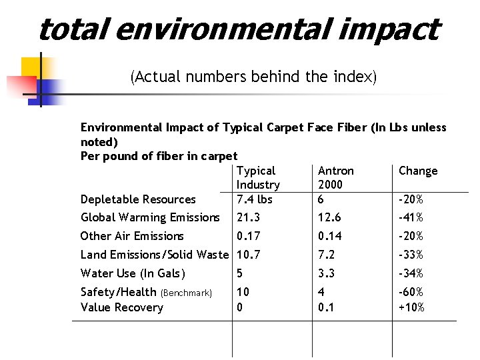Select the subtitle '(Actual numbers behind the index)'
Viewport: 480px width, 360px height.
[x=253, y=77]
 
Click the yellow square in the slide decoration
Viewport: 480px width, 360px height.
[x=32, y=68]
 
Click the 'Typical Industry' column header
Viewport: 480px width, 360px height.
[x=258, y=178]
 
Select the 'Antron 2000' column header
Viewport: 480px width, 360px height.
[x=336, y=178]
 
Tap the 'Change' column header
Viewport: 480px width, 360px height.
[x=418, y=171]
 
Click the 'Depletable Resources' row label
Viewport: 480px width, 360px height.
[x=138, y=199]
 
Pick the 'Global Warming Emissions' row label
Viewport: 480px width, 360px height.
[x=150, y=217]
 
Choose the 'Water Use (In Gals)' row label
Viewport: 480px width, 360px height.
[x=133, y=273]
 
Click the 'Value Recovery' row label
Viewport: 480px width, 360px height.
[x=121, y=307]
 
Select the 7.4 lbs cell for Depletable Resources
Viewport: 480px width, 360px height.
[x=255, y=199]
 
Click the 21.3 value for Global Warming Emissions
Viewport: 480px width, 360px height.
[x=248, y=217]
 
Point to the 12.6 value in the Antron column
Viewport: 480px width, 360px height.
[x=329, y=217]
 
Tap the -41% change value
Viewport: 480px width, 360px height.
[x=411, y=217]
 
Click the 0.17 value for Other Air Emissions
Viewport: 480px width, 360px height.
[x=248, y=236]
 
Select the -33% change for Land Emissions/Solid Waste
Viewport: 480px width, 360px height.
[x=411, y=255]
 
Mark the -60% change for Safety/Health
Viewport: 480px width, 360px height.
[x=411, y=292]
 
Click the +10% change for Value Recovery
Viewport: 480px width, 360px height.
[x=411, y=307]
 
